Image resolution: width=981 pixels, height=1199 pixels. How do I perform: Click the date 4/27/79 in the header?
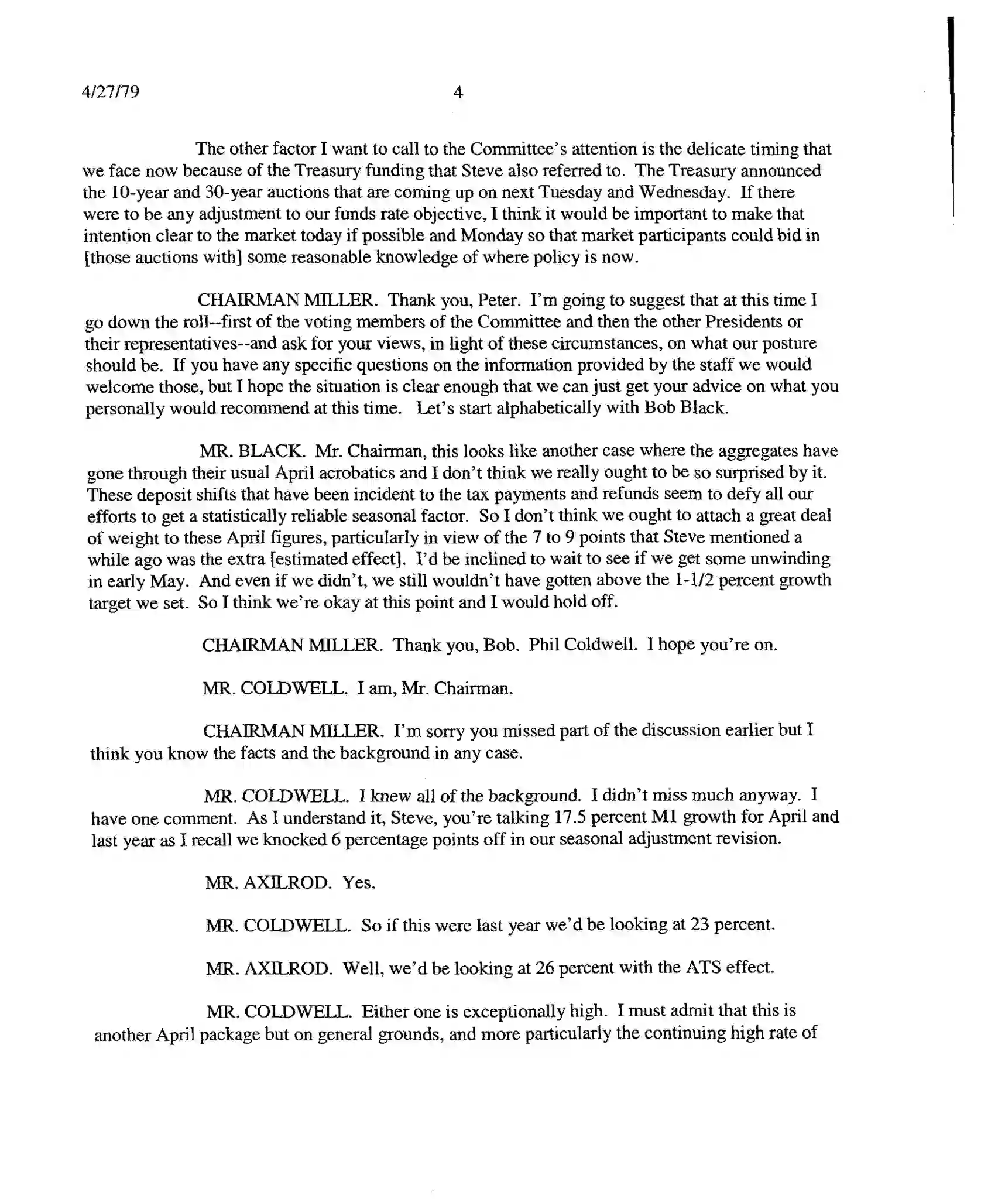[111, 92]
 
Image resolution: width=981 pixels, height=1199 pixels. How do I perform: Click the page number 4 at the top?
[458, 92]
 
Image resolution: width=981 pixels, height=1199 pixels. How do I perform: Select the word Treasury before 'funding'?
[328, 170]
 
